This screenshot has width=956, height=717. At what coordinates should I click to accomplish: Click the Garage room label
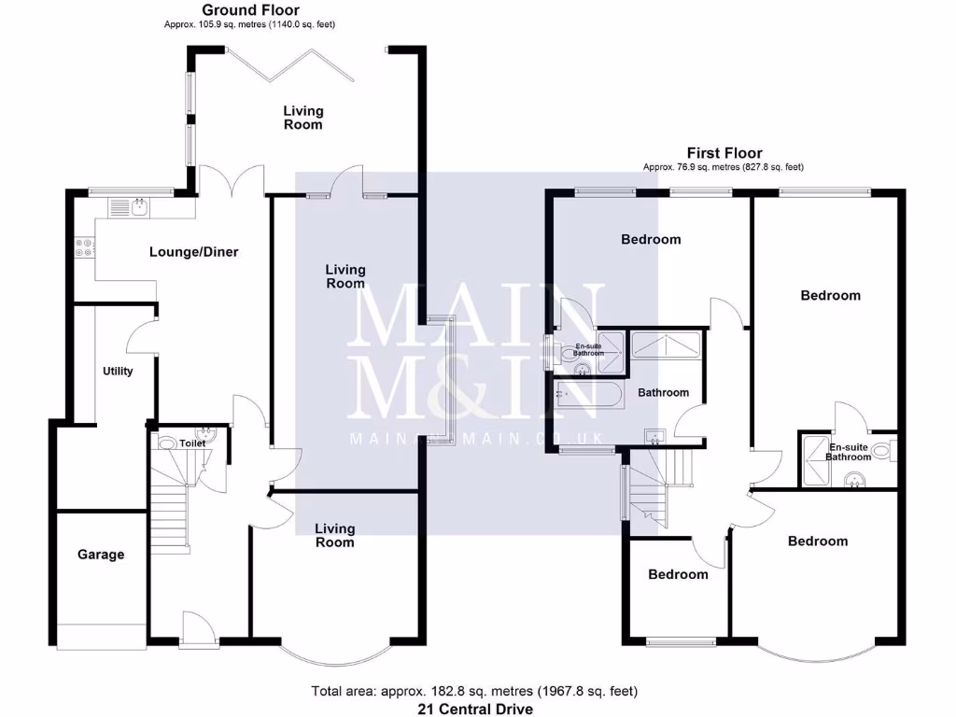(x=100, y=555)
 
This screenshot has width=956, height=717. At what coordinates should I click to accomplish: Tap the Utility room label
(x=118, y=372)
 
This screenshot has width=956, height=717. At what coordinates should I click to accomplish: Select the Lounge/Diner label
(x=194, y=252)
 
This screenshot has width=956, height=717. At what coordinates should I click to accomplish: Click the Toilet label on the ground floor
(x=192, y=444)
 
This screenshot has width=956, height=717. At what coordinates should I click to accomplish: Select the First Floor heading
(x=724, y=153)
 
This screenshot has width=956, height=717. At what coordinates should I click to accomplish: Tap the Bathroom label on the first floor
(x=663, y=393)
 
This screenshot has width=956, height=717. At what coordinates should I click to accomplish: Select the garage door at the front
(x=100, y=635)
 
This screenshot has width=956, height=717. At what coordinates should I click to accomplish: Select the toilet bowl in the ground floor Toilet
(x=168, y=443)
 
